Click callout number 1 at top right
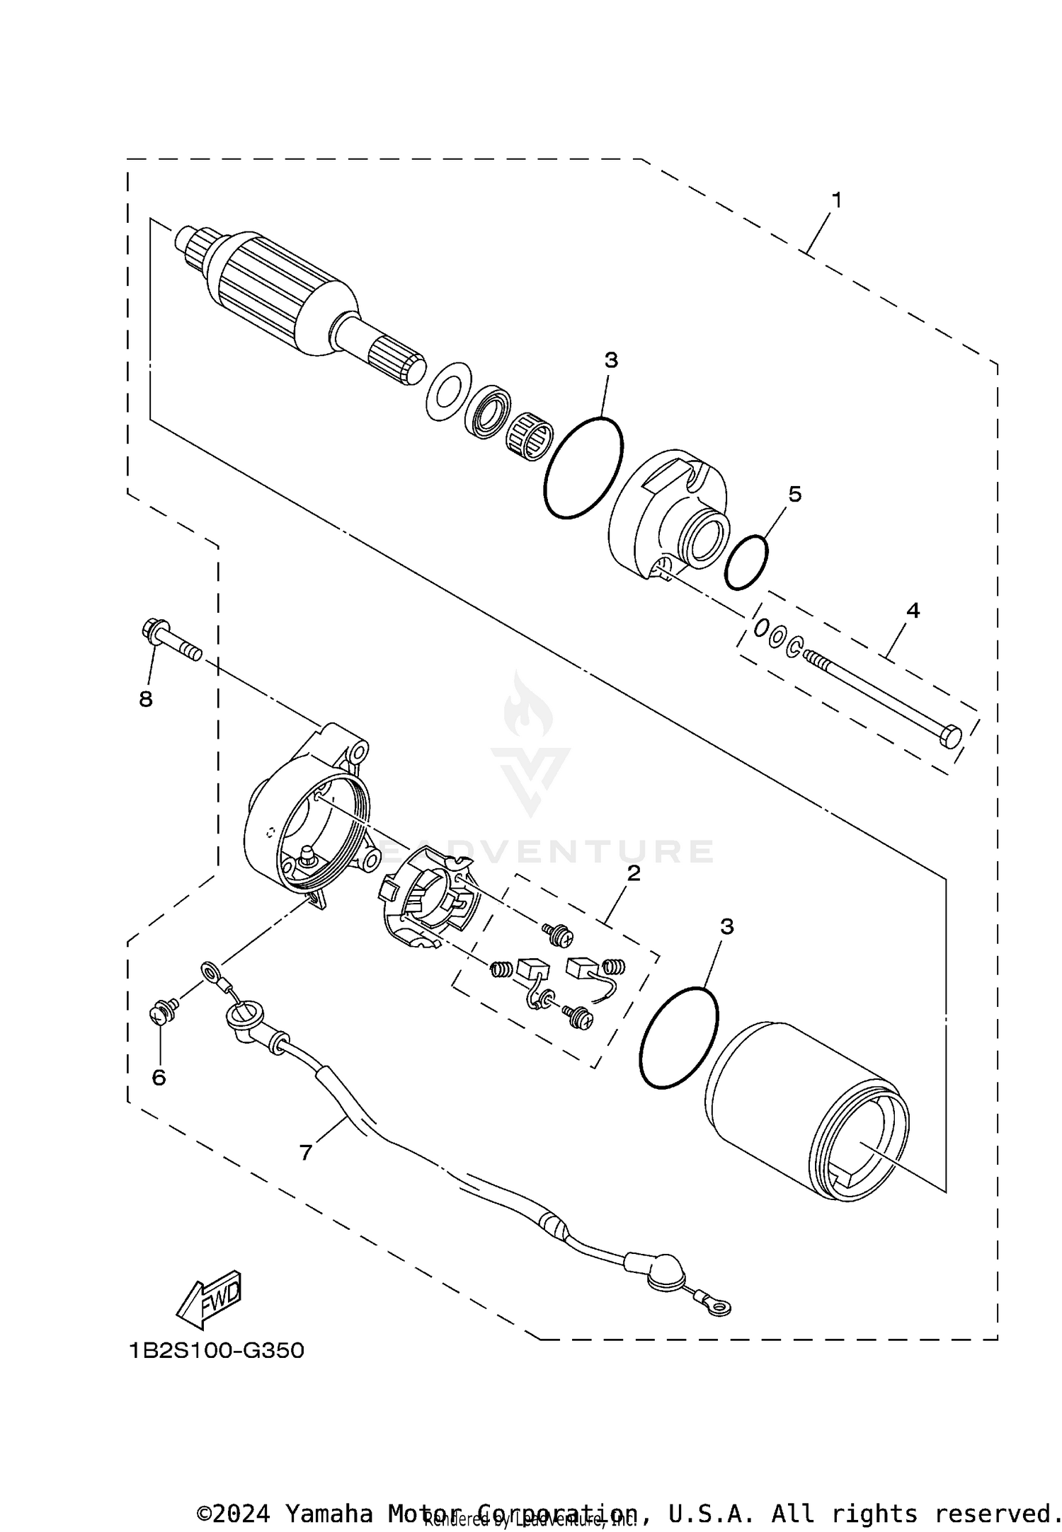click(836, 201)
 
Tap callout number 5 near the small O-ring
click(794, 495)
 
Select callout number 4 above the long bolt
click(913, 610)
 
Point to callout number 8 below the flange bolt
click(146, 699)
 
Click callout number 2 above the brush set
click(633, 872)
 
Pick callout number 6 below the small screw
click(159, 1077)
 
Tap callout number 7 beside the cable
click(305, 1153)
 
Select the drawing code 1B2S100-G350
click(217, 1351)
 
